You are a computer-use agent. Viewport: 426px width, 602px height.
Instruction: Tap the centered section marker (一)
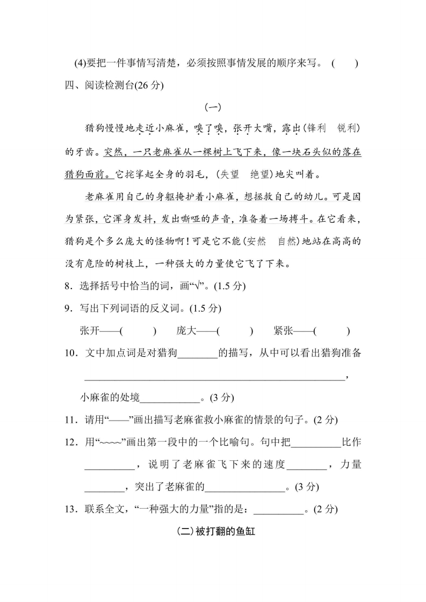click(213, 107)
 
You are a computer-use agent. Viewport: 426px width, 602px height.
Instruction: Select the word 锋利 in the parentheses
click(314, 129)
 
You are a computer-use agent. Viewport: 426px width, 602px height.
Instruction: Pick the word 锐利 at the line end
click(348, 129)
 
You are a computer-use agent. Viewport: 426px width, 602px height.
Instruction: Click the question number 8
click(68, 287)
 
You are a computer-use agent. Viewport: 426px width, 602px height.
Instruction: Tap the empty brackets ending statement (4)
click(344, 63)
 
